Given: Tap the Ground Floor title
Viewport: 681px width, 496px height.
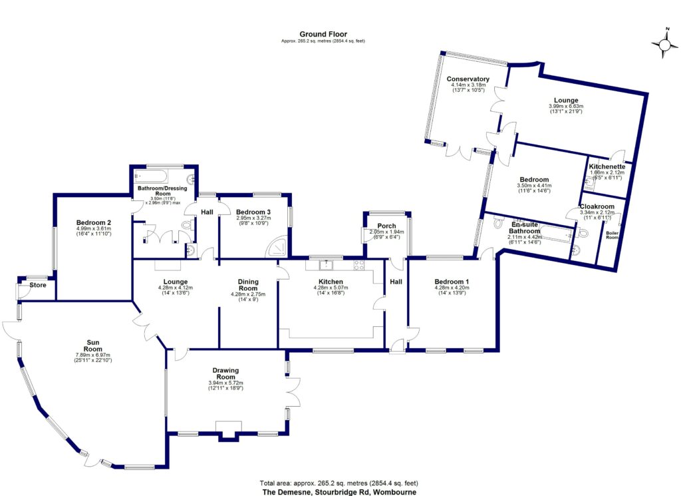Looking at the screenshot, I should [323, 34].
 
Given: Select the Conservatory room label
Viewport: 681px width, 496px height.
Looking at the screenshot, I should [468, 79].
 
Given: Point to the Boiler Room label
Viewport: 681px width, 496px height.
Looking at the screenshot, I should [612, 234].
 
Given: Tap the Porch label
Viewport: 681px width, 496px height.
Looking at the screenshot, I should [386, 226].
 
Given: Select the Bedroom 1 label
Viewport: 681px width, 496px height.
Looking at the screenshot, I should [452, 282].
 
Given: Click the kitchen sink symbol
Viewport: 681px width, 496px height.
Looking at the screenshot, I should [328, 264].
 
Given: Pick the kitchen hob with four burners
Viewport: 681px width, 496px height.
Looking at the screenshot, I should [359, 264].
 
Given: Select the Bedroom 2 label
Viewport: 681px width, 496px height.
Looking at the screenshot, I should [94, 222].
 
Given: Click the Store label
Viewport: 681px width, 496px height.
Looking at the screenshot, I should [38, 286].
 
